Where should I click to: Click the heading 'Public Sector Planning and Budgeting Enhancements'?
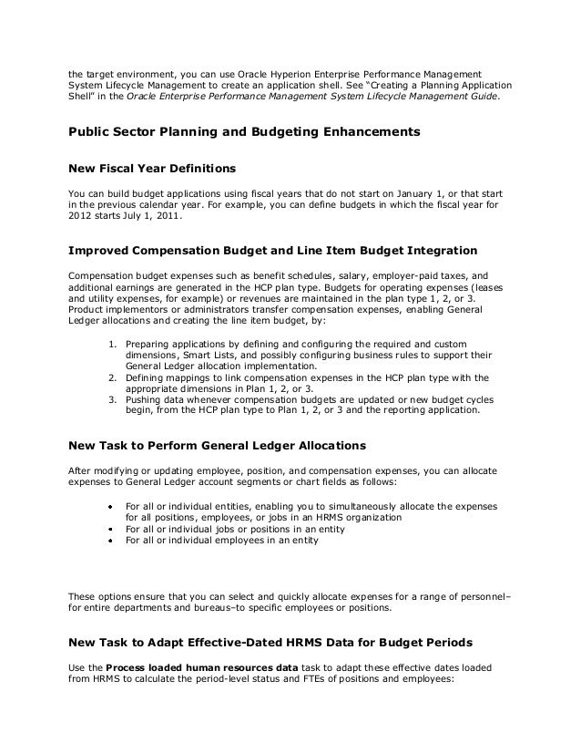tap(244, 132)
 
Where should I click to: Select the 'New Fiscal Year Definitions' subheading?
tap(152, 170)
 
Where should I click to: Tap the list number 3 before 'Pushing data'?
tap(112, 399)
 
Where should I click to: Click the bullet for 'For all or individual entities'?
tap(109, 505)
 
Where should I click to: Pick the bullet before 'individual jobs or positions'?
tap(109, 529)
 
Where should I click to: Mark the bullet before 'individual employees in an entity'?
tap(109, 541)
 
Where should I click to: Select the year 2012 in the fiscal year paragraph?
tap(82, 218)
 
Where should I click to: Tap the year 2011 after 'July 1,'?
tap(167, 218)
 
